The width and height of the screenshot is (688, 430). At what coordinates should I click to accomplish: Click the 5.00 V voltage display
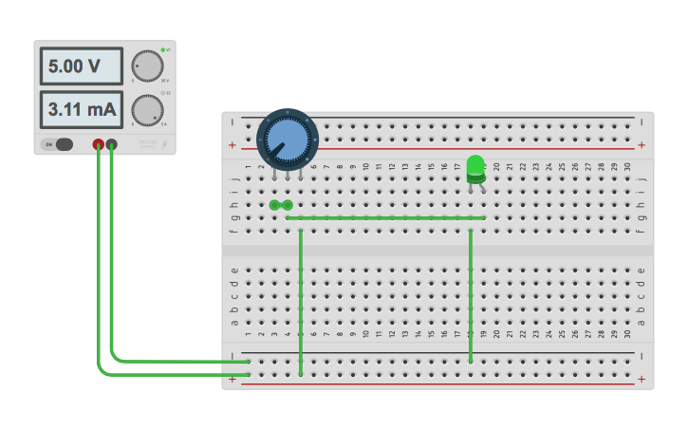[81, 66]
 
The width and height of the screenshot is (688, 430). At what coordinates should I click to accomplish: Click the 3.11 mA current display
[81, 110]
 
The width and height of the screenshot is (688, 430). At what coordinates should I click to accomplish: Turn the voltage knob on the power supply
[147, 65]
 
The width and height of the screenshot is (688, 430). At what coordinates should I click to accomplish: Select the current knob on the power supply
[147, 110]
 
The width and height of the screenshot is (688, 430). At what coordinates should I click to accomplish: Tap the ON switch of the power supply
[58, 144]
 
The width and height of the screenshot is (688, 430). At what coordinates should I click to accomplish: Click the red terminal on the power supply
[98, 144]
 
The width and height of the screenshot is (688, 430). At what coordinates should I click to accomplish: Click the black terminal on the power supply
[112, 144]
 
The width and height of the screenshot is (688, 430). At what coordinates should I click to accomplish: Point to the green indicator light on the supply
[163, 48]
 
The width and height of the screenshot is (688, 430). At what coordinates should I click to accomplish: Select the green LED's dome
[475, 165]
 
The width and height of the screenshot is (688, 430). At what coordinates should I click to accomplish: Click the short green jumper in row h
[281, 205]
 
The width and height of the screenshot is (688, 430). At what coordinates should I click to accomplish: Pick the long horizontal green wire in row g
[385, 218]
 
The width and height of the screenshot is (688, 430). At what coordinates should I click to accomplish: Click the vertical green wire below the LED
[471, 294]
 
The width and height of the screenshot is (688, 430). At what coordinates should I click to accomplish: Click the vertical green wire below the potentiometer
[301, 299]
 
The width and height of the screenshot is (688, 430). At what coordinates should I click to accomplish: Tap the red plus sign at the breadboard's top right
[642, 145]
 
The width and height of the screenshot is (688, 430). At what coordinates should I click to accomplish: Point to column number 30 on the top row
[627, 168]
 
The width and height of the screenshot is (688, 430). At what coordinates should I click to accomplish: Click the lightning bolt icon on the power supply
[163, 144]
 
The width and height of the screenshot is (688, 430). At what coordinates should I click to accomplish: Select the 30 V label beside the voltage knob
[165, 81]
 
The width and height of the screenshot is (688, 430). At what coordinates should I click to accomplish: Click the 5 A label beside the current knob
[164, 124]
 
